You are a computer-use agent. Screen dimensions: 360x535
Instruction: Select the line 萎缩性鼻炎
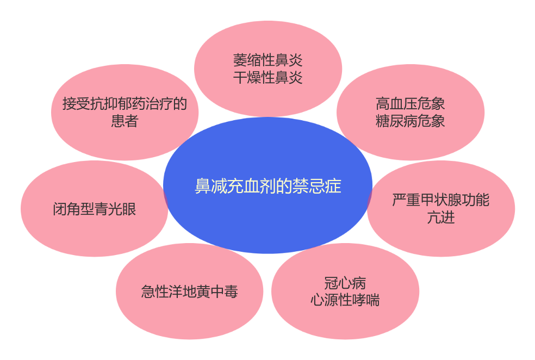tap(267, 60)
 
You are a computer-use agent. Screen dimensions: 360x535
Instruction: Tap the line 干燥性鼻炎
tap(267, 77)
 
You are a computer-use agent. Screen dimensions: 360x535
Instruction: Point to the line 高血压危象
tap(410, 103)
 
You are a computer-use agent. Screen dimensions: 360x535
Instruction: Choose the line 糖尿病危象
tap(410, 121)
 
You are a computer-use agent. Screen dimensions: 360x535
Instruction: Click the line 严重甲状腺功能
tap(441, 200)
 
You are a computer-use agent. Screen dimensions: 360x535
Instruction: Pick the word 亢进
tap(441, 218)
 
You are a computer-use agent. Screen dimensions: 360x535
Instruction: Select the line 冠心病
tap(345, 283)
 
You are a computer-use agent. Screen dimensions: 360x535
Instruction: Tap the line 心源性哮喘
tap(345, 300)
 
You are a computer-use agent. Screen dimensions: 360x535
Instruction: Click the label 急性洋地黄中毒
tap(190, 291)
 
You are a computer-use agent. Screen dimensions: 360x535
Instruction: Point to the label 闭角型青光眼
tap(95, 209)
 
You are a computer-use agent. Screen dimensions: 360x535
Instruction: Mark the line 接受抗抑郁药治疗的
tap(125, 103)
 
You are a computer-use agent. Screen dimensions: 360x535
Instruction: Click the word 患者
tap(125, 121)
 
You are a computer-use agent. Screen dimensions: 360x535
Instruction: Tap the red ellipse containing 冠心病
tap(345, 321)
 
